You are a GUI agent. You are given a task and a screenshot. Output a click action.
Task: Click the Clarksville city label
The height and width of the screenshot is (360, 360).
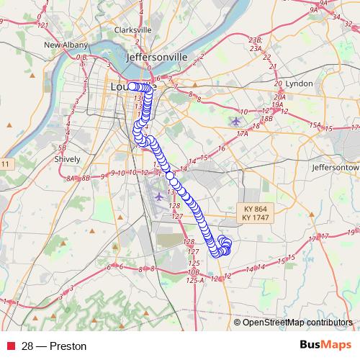(x=132, y=30)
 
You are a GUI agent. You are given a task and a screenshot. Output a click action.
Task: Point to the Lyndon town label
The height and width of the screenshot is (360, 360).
(x=299, y=84)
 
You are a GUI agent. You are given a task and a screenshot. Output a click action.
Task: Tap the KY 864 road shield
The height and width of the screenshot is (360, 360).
(x=254, y=209)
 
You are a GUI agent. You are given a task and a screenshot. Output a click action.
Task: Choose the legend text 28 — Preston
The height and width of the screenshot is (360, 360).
(x=53, y=346)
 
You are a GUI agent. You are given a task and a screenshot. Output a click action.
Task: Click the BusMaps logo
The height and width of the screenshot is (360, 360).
(x=325, y=346)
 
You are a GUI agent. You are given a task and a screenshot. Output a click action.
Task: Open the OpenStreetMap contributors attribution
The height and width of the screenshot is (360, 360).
(x=297, y=322)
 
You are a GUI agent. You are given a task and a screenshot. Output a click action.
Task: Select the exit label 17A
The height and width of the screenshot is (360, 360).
(x=242, y=133)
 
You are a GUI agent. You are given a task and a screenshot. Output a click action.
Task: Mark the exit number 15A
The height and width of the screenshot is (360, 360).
(x=315, y=125)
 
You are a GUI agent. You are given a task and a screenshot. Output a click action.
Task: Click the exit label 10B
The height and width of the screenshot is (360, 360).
(x=192, y=272)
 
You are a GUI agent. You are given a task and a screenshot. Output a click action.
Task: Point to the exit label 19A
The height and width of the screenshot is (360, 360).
(x=276, y=104)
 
